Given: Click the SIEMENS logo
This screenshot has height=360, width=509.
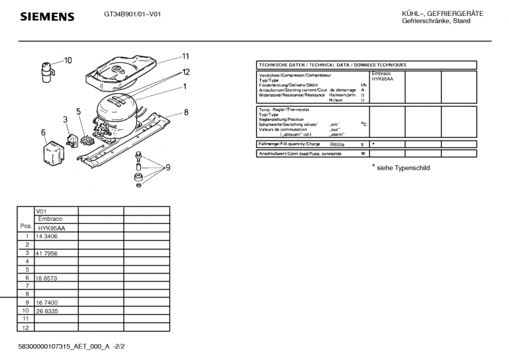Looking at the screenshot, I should click(x=48, y=16).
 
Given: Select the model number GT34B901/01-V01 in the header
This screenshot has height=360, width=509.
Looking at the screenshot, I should click(x=132, y=13).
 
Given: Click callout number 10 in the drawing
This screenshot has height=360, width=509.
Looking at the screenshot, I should click(x=68, y=60).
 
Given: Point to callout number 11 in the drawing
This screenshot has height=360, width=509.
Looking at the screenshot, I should click(x=186, y=55).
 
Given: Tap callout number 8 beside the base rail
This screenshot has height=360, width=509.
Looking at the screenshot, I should click(x=186, y=113).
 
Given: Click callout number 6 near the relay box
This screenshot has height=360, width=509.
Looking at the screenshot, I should click(x=43, y=132).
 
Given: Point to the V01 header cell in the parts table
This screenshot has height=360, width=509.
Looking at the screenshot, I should click(x=42, y=211).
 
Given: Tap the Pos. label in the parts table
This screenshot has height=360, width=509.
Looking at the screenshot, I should click(x=26, y=226).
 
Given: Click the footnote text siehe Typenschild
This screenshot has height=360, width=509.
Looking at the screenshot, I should click(x=401, y=168).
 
